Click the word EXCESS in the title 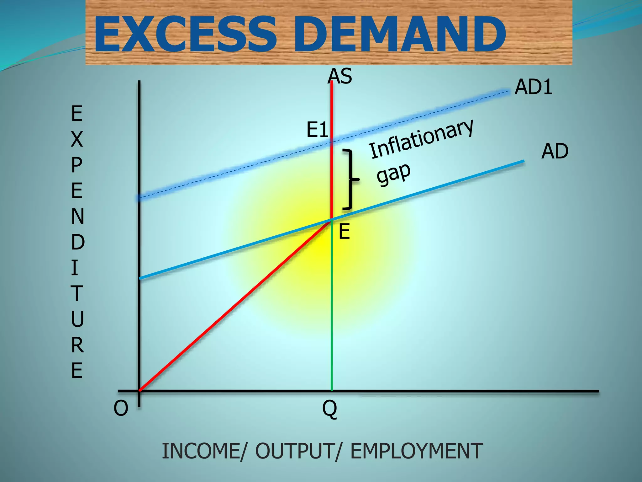pos(185,34)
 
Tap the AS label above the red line pos(340,76)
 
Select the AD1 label pos(534,87)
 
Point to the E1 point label pos(317,130)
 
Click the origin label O pos(121,409)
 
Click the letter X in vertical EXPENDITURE pos(77,139)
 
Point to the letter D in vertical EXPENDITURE pos(77,242)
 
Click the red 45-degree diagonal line pos(235,306)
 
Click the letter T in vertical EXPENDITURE pos(77,293)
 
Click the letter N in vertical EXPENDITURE pos(77,216)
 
